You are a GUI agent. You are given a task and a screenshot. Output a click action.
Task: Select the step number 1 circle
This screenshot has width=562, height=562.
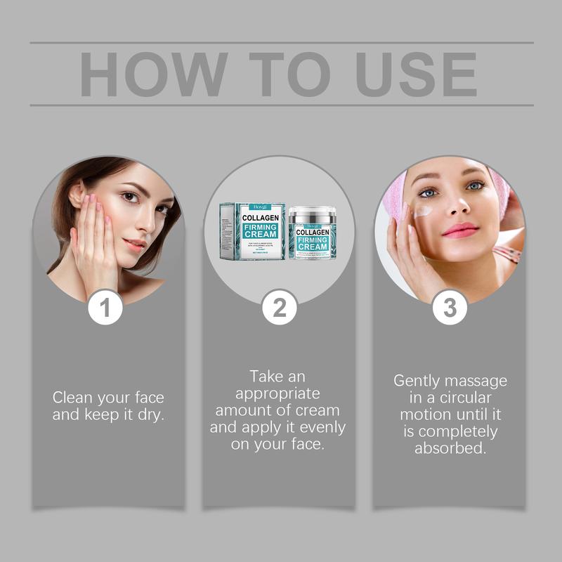tap(105, 307)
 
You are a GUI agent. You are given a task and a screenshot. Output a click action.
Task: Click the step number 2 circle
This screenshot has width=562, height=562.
tap(279, 307)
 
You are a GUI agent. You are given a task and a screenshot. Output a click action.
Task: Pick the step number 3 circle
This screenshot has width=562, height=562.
tap(450, 307)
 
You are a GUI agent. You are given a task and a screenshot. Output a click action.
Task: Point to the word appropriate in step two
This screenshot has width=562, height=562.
tap(278, 393)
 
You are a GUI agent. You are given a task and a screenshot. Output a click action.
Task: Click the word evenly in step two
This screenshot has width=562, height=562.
tap(322, 427)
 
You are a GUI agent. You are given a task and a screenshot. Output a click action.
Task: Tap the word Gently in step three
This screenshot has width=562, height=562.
tap(416, 381)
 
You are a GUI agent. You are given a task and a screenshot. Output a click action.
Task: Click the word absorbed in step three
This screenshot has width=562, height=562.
tap(450, 448)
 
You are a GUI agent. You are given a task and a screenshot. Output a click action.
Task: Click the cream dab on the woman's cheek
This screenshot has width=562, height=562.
tap(423, 211)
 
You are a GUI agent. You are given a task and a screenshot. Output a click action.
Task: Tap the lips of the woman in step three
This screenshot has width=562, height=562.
tap(460, 230)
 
